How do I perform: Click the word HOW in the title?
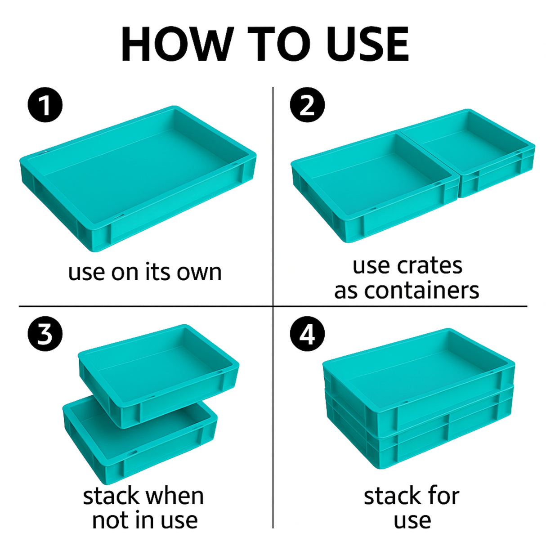[178, 44]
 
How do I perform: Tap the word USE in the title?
[368, 44]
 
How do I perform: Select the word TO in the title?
[279, 44]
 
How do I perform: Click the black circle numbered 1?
[45, 104]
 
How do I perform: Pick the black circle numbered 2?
[308, 104]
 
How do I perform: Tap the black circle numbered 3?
[45, 334]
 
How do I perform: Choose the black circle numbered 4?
[308, 334]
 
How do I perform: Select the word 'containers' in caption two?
[421, 291]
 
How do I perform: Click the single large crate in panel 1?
[138, 179]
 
